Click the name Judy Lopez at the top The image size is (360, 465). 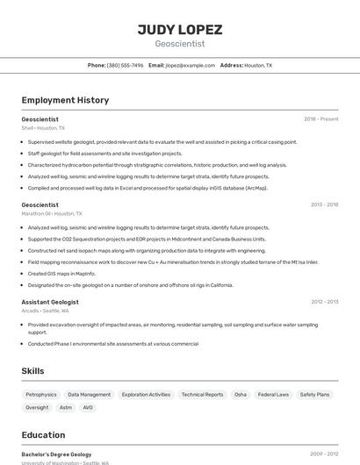pos(179,29)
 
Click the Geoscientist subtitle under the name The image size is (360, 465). pos(179,44)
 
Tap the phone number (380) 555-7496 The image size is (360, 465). pos(126,65)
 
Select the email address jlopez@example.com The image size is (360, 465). pos(190,65)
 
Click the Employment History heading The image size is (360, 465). pos(65,100)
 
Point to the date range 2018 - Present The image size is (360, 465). pos(320,118)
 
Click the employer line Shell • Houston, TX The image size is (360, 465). pos(43,128)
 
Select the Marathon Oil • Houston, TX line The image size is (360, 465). pos(52,213)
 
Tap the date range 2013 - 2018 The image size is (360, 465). pos(324,204)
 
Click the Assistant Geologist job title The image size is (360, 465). pos(50,302)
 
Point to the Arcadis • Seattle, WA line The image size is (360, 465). pos(46,311)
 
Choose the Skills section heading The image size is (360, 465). pos(33,371)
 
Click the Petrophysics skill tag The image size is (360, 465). pos(41,395)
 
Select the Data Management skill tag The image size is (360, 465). pos(90,395)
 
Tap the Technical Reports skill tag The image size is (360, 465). pos(202,395)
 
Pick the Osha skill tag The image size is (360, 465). pos(241,395)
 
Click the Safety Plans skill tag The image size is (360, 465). pos(314,395)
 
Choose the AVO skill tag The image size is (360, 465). pos(88,407)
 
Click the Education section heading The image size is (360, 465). pos(43,435)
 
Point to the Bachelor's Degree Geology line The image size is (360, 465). pos(56,454)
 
